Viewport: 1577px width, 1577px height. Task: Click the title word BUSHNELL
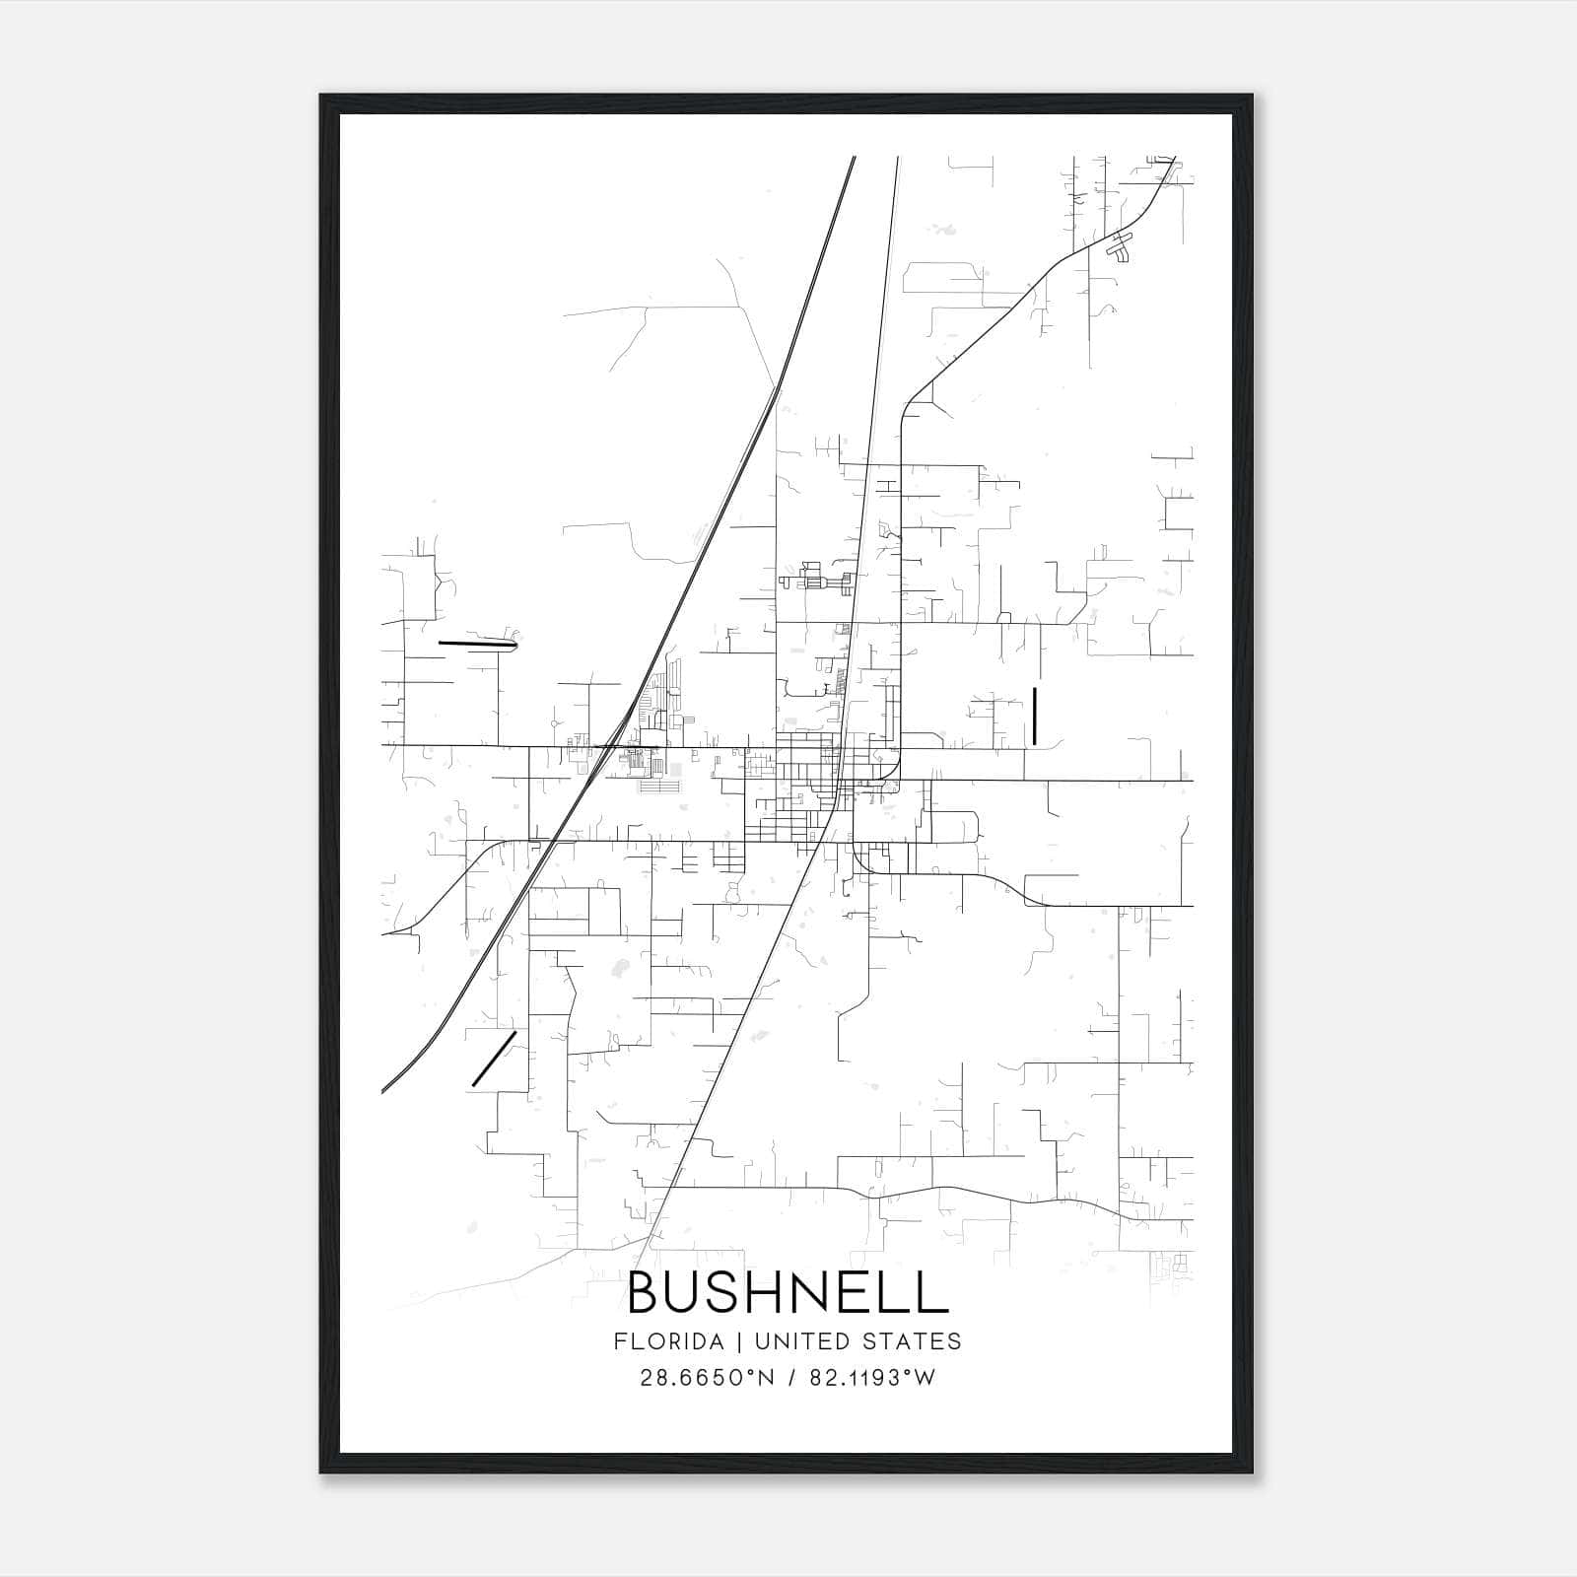[788, 1293]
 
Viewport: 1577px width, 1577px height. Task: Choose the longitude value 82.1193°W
[872, 1378]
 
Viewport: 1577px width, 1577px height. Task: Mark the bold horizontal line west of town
[477, 645]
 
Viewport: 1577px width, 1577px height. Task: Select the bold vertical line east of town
[1034, 717]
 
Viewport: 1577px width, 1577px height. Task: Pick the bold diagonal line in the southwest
[494, 1059]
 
